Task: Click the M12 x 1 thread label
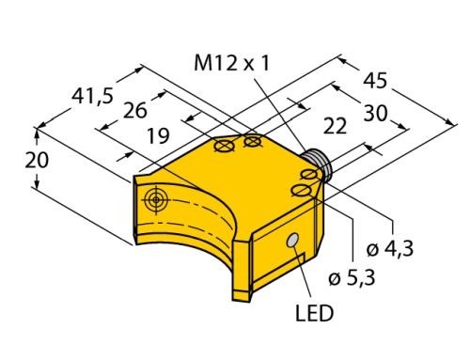click(231, 63)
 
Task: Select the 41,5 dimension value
click(92, 96)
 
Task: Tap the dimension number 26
click(135, 110)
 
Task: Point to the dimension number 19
click(159, 136)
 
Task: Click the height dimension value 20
click(37, 160)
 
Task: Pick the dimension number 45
click(375, 81)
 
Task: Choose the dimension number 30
click(375, 113)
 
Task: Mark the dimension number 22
click(335, 126)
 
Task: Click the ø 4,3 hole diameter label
click(390, 248)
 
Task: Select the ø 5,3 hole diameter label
click(352, 277)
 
